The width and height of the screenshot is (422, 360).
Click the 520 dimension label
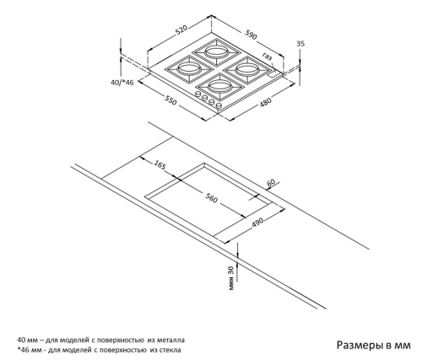click(181, 30)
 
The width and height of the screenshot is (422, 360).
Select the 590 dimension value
click(251, 35)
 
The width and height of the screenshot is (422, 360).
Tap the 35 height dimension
click(300, 44)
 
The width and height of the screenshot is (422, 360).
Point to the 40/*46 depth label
click(122, 83)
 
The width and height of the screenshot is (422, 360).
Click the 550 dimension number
click(170, 100)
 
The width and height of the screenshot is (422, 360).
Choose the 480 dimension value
click(266, 102)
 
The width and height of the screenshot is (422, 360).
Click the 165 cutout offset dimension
click(160, 165)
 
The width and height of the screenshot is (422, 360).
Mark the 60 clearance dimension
click(271, 183)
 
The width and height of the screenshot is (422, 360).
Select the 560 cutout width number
click(211, 198)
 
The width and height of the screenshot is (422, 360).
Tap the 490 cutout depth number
click(257, 222)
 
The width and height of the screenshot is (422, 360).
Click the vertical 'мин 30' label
click(231, 278)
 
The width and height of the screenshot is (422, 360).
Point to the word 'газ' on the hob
click(268, 56)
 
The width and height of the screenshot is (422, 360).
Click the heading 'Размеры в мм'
click(374, 345)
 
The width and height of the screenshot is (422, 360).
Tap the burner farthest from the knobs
click(216, 52)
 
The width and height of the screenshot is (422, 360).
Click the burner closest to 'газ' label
click(247, 69)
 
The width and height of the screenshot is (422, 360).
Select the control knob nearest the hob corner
click(219, 105)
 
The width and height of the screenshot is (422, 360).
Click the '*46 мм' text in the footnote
click(29, 350)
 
